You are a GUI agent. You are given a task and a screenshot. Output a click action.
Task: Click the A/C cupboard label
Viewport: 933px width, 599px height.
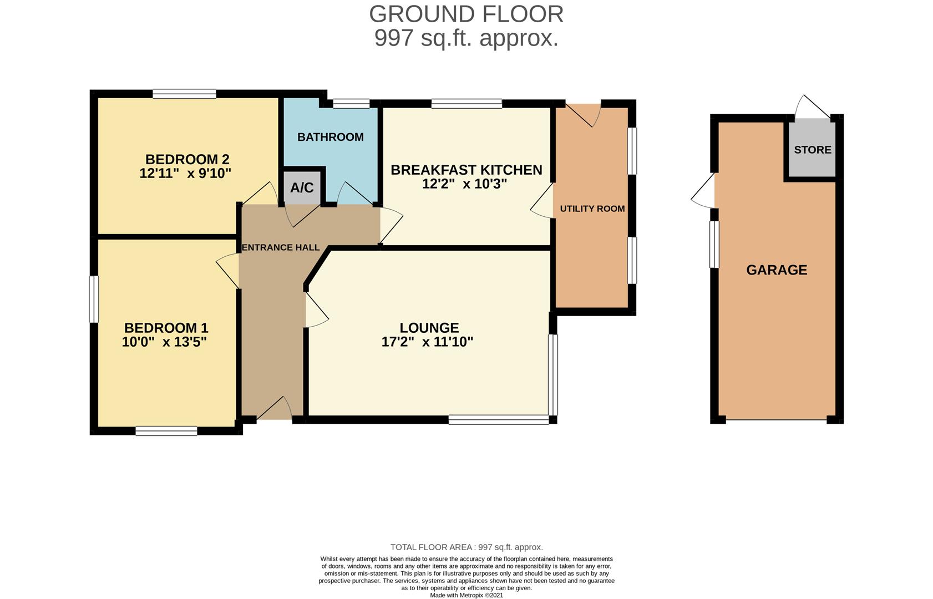[302, 188]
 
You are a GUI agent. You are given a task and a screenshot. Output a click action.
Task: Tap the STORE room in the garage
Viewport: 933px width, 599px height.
[812, 150]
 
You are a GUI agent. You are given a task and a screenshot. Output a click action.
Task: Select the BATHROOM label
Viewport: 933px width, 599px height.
[330, 137]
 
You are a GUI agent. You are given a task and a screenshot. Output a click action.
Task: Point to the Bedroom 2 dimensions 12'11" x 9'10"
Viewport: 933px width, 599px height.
[185, 173]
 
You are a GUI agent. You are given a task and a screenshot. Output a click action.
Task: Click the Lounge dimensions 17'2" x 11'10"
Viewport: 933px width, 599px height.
[427, 342]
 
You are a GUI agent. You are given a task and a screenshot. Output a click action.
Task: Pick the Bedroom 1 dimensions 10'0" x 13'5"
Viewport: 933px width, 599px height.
[164, 342]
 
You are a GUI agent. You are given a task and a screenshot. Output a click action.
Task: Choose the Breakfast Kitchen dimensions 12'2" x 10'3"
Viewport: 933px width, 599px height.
[464, 184]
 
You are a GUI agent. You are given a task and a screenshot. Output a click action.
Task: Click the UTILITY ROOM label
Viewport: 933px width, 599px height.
[592, 209]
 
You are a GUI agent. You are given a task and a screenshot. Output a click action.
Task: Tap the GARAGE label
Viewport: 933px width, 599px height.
[777, 270]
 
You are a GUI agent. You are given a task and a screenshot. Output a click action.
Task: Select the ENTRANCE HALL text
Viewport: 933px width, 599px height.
[281, 247]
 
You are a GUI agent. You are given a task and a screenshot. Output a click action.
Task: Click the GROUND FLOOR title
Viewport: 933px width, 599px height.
[466, 14]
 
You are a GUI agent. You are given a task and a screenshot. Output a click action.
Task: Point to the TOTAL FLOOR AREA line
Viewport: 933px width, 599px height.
[466, 547]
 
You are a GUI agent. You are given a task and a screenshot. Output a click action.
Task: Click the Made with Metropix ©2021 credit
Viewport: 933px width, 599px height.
[466, 595]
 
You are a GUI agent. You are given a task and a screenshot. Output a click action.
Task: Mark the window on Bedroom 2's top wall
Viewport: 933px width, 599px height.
[185, 94]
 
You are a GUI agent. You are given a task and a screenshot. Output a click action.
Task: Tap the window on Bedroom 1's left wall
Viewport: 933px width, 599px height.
[94, 299]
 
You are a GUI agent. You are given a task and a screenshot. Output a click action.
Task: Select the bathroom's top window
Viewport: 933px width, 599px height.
[351, 103]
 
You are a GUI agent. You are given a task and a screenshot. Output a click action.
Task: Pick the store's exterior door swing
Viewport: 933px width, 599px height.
[812, 107]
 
